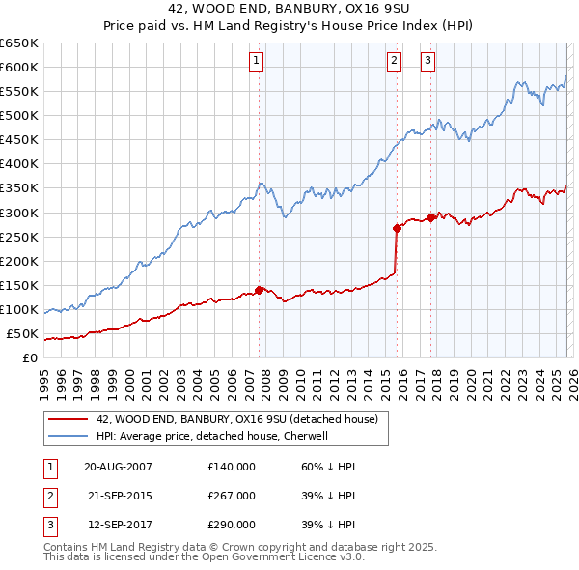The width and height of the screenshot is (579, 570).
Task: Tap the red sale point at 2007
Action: pos(259,289)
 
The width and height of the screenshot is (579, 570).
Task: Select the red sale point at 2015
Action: pos(397,228)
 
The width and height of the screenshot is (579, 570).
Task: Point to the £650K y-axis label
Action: pos(19,43)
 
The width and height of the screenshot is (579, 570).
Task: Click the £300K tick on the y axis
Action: pos(19,213)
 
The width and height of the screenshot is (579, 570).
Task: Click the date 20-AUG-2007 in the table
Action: pos(119,466)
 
